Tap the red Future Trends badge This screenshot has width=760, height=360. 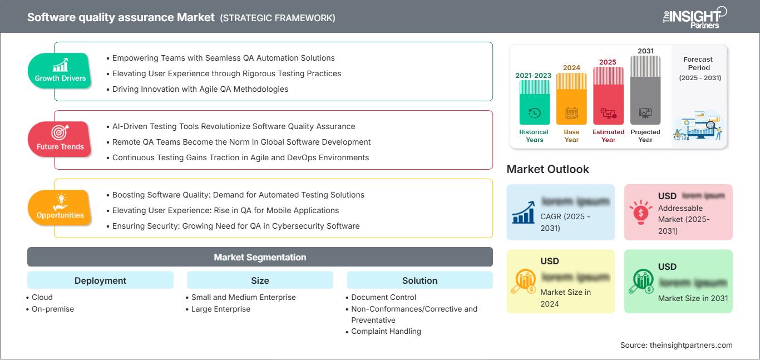pyautogui.click(x=60, y=140)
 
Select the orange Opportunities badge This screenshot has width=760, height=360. pyautogui.click(x=60, y=208)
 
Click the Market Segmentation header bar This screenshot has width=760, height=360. pyautogui.click(x=260, y=257)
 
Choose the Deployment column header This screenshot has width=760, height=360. pyautogui.click(x=100, y=280)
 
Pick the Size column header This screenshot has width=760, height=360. pyautogui.click(x=260, y=280)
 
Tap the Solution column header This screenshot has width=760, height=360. pyautogui.click(x=420, y=280)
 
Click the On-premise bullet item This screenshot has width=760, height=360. pyautogui.click(x=52, y=309)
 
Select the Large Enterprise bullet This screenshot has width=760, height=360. pyautogui.click(x=220, y=309)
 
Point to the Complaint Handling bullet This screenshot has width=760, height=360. pyautogui.click(x=386, y=331)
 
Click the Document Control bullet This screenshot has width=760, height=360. pyautogui.click(x=383, y=297)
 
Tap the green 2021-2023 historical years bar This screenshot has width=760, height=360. pyautogui.click(x=534, y=103)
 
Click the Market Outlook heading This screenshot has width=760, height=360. pyautogui.click(x=547, y=169)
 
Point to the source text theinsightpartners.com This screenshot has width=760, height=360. pyautogui.click(x=676, y=345)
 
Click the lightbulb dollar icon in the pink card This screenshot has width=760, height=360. pyautogui.click(x=640, y=212)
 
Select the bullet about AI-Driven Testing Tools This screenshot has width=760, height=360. pyautogui.click(x=234, y=126)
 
